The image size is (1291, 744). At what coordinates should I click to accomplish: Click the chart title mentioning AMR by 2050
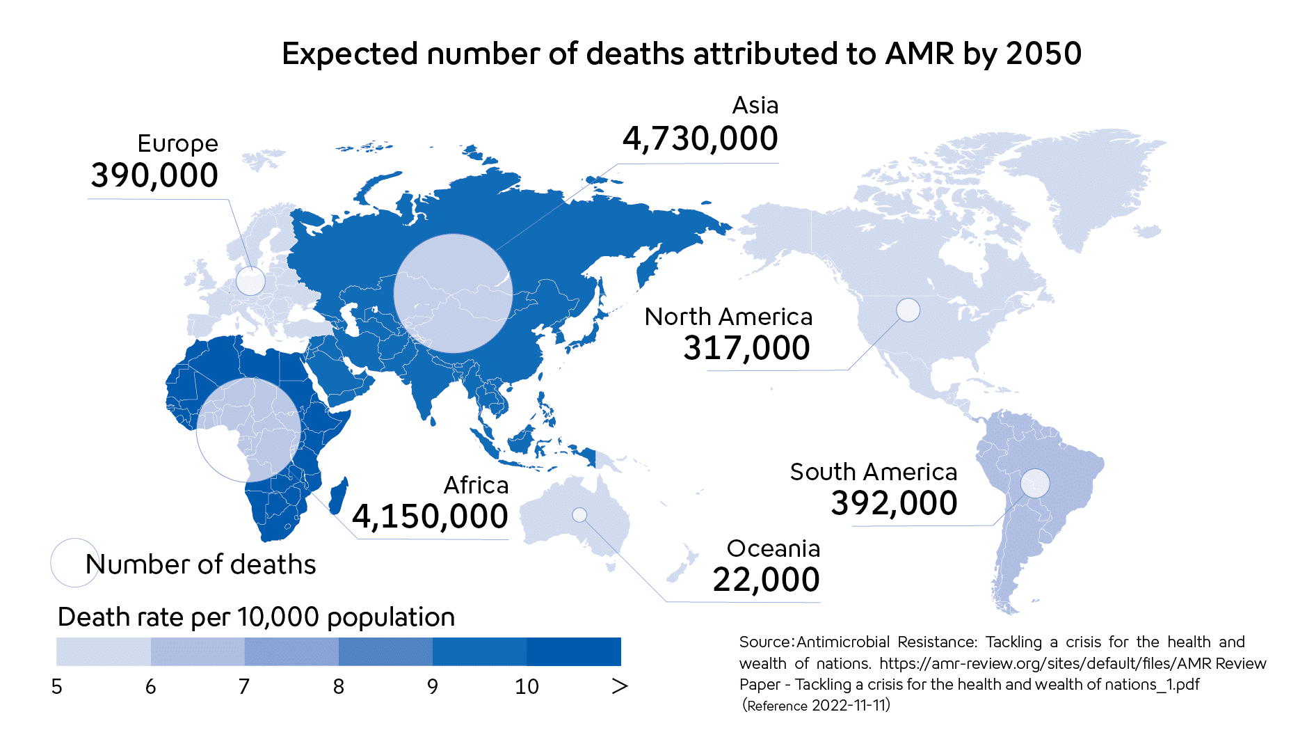[681, 54]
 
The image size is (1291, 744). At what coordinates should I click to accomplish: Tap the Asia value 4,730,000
[700, 138]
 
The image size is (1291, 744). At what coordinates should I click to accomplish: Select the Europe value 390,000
[154, 175]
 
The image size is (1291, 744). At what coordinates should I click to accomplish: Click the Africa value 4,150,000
[430, 516]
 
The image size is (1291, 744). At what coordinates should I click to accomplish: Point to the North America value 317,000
[746, 348]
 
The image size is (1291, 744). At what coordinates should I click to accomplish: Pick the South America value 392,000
[894, 503]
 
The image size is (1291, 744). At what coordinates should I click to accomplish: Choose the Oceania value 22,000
[766, 580]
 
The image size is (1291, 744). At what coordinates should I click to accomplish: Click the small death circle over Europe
[250, 281]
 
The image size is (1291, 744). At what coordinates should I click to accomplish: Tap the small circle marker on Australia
[579, 515]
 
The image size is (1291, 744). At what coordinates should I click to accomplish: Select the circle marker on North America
[908, 310]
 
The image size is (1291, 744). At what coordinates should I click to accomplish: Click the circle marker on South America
[1034, 483]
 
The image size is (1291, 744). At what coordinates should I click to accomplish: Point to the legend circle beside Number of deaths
[74, 562]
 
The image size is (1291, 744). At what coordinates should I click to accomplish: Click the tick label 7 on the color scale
[244, 687]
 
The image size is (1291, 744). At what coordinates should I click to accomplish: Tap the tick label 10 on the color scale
[527, 687]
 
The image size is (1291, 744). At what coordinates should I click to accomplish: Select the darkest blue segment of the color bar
[573, 651]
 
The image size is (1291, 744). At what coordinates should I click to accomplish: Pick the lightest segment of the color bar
[103, 651]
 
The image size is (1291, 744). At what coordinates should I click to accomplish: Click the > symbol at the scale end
[619, 687]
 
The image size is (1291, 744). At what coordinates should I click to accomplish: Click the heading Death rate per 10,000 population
[256, 617]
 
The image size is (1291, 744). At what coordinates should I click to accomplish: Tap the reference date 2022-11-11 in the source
[850, 706]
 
